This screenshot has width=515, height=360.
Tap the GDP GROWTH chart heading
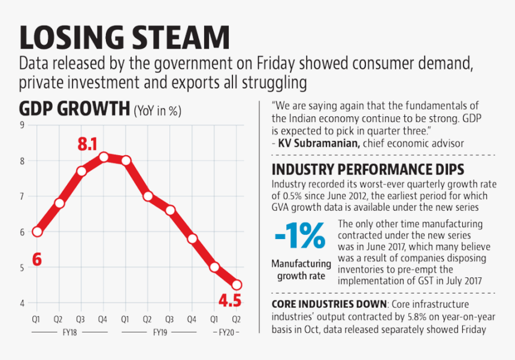74,110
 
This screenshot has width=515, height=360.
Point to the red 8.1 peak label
87,144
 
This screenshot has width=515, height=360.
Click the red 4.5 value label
229,300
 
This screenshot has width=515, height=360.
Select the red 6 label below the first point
37,259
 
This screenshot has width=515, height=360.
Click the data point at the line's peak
104,157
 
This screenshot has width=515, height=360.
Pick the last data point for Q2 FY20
237,285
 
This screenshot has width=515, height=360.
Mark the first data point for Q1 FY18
37,232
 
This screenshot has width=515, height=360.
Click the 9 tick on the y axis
22,125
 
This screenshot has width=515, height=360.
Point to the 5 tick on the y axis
22,267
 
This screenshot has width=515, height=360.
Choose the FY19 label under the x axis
159,331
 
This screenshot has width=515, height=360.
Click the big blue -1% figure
300,235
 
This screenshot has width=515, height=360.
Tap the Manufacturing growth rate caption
301,270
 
